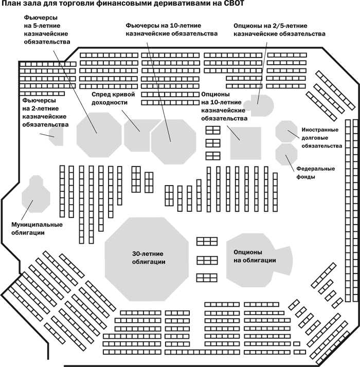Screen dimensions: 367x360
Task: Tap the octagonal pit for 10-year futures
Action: pos(173,139)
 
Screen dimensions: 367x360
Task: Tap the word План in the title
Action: pos(12,5)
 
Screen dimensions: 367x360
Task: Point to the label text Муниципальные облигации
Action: pos(37,229)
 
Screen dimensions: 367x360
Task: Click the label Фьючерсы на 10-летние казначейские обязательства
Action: pos(172,29)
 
